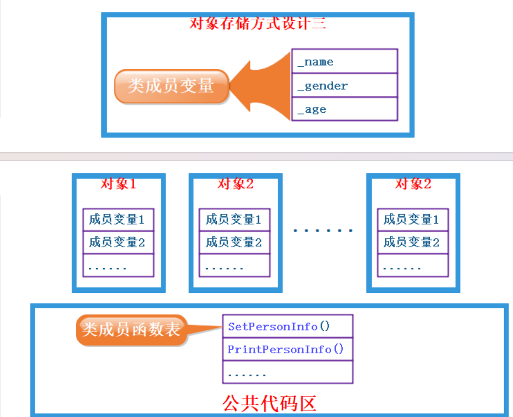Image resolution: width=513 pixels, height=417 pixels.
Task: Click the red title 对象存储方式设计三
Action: click(x=257, y=23)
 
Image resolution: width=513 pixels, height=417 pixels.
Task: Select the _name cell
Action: click(x=344, y=61)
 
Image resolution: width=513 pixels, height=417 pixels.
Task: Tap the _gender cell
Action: click(x=344, y=86)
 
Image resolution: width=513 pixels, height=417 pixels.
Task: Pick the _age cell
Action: click(x=344, y=109)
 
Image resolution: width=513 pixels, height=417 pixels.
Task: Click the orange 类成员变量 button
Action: click(x=171, y=86)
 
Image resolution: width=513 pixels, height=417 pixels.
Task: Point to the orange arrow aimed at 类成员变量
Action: click(x=260, y=87)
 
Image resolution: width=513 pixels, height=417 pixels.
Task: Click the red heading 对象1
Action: click(x=118, y=184)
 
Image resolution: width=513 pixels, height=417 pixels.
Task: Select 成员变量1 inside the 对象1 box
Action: click(x=118, y=219)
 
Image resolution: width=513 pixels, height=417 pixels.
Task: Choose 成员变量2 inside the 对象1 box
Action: click(x=118, y=242)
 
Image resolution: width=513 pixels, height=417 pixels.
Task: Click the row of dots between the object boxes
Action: click(x=323, y=231)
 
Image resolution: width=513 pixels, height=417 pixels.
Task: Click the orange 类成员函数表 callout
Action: click(x=131, y=329)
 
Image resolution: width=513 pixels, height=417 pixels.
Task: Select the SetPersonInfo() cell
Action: click(x=287, y=326)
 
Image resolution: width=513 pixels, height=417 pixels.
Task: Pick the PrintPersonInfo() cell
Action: click(x=287, y=349)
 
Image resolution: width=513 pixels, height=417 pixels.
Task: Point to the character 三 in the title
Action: click(x=319, y=23)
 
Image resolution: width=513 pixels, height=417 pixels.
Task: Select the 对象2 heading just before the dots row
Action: click(x=235, y=184)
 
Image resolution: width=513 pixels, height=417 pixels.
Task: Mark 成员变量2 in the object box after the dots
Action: click(x=412, y=242)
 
